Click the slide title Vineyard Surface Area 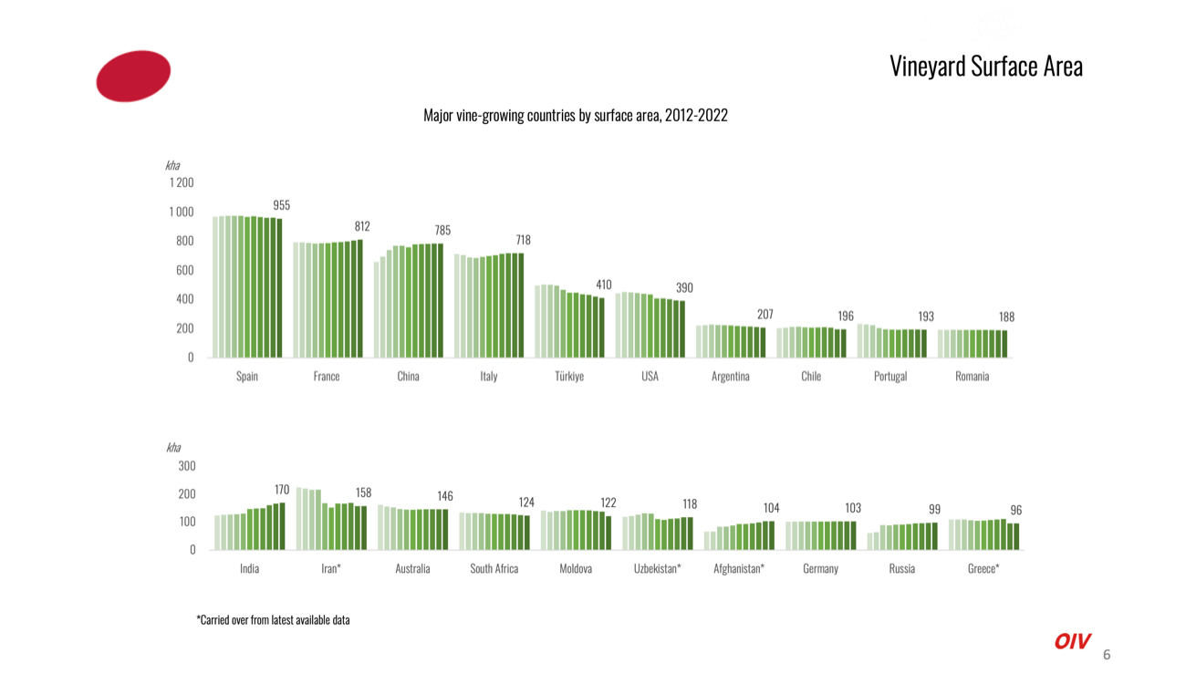coord(985,67)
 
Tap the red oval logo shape coord(133,76)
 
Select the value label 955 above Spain coord(282,206)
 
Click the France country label coord(327,377)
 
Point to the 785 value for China coord(442,231)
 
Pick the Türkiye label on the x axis coord(569,377)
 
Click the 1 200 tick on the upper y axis coord(180,183)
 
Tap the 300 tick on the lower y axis coord(186,466)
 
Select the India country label coord(249,568)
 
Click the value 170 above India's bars coord(282,491)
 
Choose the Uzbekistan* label coord(658,568)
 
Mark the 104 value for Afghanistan coord(772,508)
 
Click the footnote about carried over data coord(273,620)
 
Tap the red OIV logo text coord(1072,642)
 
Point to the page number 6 coord(1107,655)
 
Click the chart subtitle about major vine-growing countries coord(575,116)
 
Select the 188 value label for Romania coord(1006,317)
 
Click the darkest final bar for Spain coord(279,288)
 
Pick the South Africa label coord(494,568)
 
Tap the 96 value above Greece coord(1015,511)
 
